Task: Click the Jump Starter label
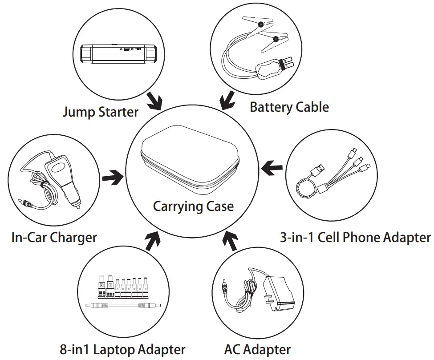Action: point(100,111)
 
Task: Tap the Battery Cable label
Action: point(289,107)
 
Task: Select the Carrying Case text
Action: point(193,206)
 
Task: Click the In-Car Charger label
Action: point(54,237)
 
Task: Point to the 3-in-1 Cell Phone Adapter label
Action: point(355,237)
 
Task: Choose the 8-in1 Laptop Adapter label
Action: point(122,349)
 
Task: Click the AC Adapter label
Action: point(258,349)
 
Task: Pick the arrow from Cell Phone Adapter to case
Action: point(272,168)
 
